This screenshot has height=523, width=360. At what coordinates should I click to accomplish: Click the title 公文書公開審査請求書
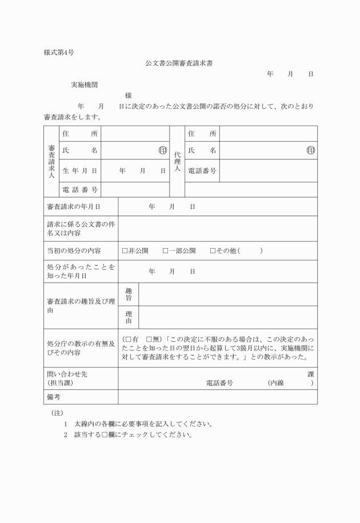coord(180,63)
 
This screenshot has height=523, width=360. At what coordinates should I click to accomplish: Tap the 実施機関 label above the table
coord(85,85)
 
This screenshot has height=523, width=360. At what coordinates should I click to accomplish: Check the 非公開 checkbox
coord(125,250)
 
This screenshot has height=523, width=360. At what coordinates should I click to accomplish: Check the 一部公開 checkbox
coord(165,250)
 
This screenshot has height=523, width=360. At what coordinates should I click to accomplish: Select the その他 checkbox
coord(213,250)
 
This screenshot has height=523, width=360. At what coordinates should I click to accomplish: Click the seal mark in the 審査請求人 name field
coord(162,150)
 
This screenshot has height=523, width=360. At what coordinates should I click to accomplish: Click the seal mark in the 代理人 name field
coord(311,150)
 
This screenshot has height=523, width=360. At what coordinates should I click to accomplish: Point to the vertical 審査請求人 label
coord(51,161)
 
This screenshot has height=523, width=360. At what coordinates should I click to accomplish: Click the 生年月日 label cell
coord(80,170)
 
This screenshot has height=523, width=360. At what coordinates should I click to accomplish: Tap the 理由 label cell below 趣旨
coord(129,317)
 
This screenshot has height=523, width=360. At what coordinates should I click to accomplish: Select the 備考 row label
coord(54,397)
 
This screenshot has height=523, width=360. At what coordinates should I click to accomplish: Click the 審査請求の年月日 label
coord(74,206)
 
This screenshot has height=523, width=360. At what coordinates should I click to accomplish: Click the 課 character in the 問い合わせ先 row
coord(310,374)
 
